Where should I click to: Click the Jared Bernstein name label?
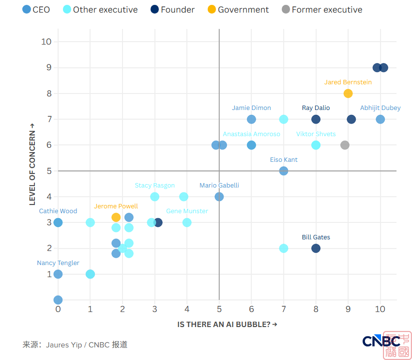pyautogui.click(x=348, y=82)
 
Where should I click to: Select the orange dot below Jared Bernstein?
pyautogui.click(x=348, y=94)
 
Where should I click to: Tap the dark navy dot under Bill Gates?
pyautogui.click(x=316, y=249)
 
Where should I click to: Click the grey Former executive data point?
pyautogui.click(x=345, y=145)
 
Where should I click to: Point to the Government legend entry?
pyautogui.click(x=238, y=10)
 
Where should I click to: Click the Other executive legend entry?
pyautogui.click(x=100, y=10)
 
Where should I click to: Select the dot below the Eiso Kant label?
pyautogui.click(x=284, y=171)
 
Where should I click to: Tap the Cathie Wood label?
pyautogui.click(x=58, y=211)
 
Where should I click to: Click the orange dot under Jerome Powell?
pyautogui.click(x=116, y=217)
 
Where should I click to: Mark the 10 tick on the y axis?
pyautogui.click(x=46, y=42)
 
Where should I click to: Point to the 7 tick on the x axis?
pyautogui.click(x=284, y=309)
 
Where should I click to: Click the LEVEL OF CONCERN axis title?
pyautogui.click(x=32, y=164)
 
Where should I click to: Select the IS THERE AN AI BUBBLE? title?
pyautogui.click(x=227, y=325)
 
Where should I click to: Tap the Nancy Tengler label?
pyautogui.click(x=58, y=263)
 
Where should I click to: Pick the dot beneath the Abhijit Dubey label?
pyautogui.click(x=380, y=119)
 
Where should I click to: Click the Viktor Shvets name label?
pyautogui.click(x=316, y=134)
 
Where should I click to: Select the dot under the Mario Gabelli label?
pyautogui.click(x=219, y=197)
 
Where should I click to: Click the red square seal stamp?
pyautogui.click(x=397, y=345)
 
